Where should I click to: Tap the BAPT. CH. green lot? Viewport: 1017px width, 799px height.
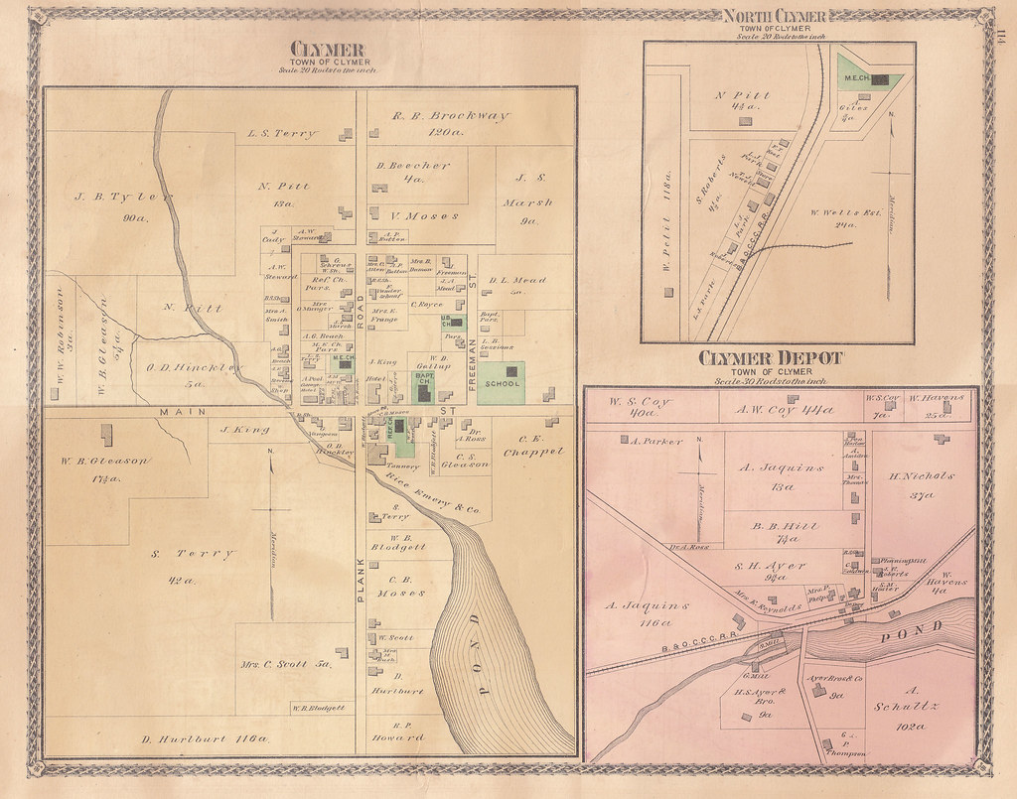[x=424, y=385]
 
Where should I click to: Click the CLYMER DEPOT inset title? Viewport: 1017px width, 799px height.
[x=770, y=358]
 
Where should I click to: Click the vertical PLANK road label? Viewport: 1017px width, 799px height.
[x=362, y=577]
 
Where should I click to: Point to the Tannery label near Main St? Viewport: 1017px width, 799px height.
[x=402, y=466]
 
